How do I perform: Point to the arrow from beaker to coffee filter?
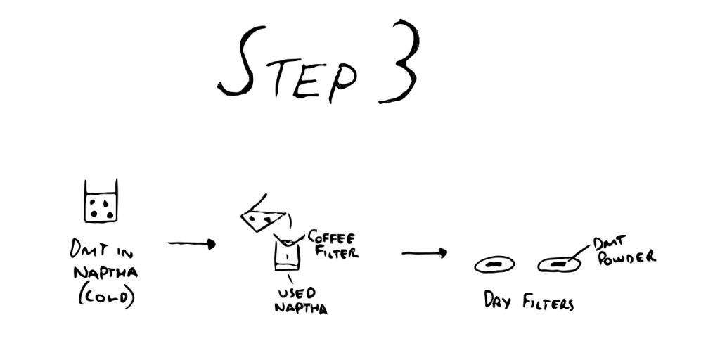click(191, 244)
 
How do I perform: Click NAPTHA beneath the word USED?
click(301, 307)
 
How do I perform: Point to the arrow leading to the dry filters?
click(424, 252)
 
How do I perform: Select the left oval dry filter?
click(494, 264)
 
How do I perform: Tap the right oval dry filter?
click(559, 264)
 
